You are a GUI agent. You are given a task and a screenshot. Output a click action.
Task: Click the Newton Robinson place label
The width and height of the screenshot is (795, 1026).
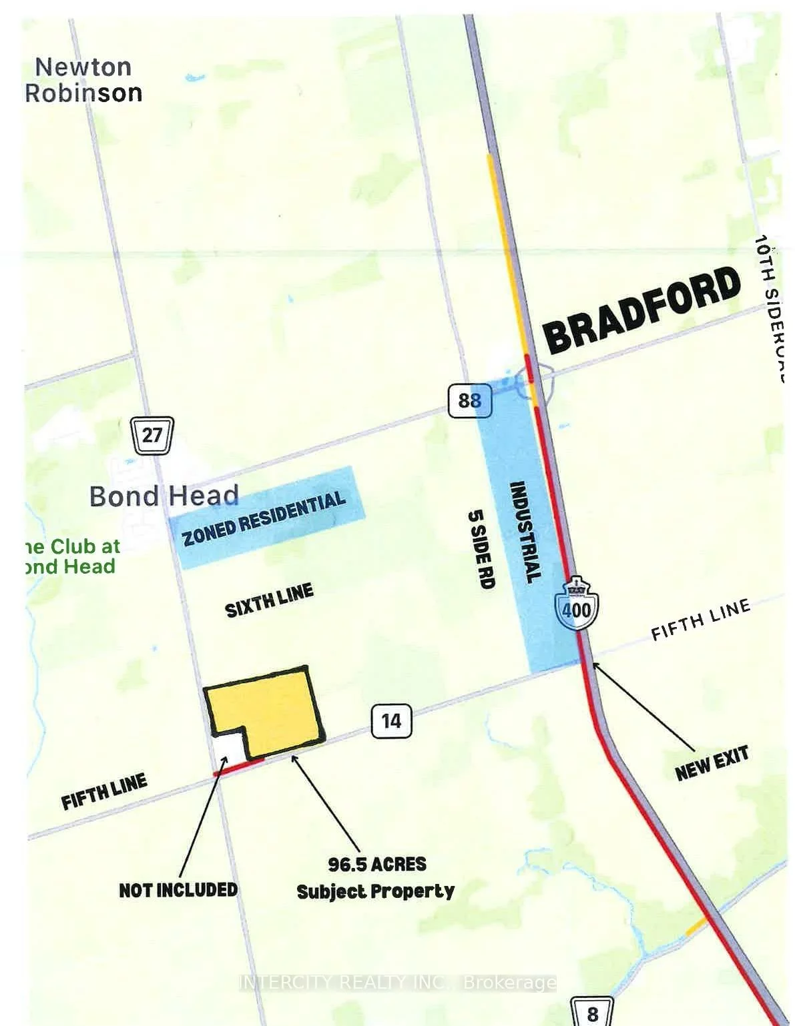[84, 79]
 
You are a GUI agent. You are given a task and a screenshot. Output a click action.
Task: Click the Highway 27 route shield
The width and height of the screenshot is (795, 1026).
[152, 435]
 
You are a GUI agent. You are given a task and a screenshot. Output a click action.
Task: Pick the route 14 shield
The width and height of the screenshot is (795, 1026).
[391, 720]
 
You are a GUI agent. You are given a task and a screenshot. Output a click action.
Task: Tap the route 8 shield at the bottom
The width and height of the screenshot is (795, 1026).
[592, 1013]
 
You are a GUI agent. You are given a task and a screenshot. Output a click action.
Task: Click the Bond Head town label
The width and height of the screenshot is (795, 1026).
[164, 496]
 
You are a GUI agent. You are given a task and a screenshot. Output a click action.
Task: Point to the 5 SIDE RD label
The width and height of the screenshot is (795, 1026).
[481, 548]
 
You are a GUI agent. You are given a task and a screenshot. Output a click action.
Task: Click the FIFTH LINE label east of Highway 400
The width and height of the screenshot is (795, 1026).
[700, 620]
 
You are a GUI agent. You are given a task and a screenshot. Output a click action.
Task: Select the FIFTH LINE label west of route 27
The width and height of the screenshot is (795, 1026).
[104, 792]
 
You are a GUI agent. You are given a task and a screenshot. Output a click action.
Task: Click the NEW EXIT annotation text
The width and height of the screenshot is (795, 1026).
[712, 763]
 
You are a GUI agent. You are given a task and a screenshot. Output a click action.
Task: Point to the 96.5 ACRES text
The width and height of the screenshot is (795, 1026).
[376, 865]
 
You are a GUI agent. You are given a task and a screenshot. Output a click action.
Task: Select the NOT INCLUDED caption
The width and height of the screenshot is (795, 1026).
[178, 890]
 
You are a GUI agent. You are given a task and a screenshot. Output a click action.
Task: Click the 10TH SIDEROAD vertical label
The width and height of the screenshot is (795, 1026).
[772, 307]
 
